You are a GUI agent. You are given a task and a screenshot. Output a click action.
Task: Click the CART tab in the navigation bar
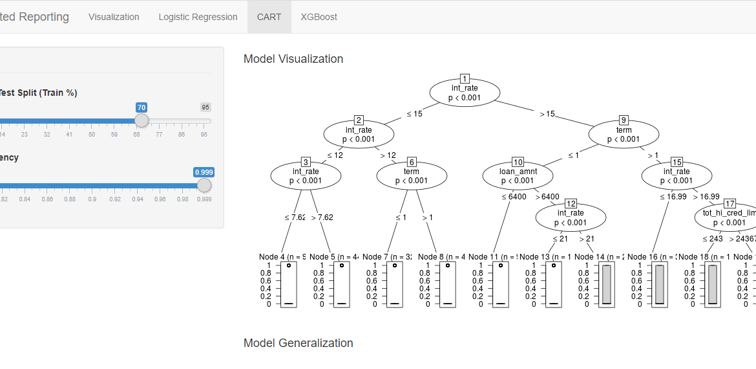[269, 17]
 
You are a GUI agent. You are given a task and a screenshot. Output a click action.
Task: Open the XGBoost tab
[319, 17]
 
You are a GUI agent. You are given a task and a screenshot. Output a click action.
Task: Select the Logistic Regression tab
[198, 17]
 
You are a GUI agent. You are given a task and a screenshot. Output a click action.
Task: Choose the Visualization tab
[114, 17]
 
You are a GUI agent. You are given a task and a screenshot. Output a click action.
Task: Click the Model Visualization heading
[293, 59]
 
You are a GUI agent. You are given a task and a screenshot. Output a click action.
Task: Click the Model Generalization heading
[298, 343]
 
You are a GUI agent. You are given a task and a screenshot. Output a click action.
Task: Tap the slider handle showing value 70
[142, 120]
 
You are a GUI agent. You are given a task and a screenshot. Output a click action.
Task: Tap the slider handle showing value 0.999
[204, 185]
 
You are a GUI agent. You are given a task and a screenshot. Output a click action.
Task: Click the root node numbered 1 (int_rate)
[465, 92]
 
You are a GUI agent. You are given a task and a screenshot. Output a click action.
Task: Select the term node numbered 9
[624, 134]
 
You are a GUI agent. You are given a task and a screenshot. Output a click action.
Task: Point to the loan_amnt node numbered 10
[518, 175]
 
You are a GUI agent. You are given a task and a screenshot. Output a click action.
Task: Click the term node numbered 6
[412, 175]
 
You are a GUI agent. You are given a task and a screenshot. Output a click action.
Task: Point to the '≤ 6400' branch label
[514, 197]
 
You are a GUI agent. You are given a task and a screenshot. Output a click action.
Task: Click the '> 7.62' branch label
[322, 218]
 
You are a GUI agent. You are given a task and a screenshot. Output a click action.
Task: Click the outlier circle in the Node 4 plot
[289, 265]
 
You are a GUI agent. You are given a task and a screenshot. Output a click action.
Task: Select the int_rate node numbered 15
[677, 175]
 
